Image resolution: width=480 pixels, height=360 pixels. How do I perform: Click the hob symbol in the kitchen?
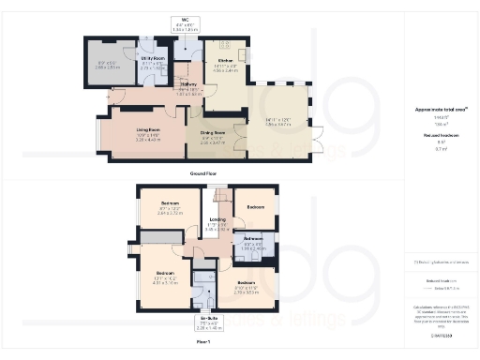pos(224,44)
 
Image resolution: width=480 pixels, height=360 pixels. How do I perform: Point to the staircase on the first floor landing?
pos(221,202)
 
